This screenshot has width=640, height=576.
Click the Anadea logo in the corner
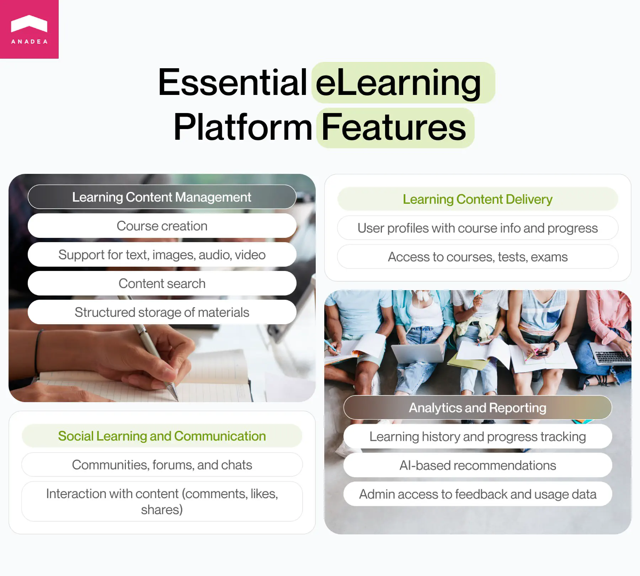(x=29, y=29)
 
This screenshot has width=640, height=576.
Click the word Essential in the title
(x=233, y=82)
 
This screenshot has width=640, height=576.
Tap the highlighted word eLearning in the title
(x=399, y=83)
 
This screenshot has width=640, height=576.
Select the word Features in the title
(x=394, y=128)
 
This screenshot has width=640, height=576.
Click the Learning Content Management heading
(x=162, y=197)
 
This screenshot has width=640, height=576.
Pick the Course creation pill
(x=162, y=226)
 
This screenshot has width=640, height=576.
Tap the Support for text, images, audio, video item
(x=162, y=255)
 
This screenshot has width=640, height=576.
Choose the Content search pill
(x=162, y=283)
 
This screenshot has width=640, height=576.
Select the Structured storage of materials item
(x=162, y=312)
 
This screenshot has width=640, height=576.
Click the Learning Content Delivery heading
(x=478, y=199)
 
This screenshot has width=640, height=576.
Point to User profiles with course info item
(x=478, y=228)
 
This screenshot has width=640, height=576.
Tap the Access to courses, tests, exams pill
(x=478, y=257)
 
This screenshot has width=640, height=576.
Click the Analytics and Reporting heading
(x=478, y=407)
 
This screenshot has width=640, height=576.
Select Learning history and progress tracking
(x=478, y=436)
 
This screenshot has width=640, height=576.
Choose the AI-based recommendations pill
(x=478, y=465)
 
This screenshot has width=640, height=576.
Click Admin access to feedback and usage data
(x=478, y=494)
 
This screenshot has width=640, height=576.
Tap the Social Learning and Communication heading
(x=162, y=436)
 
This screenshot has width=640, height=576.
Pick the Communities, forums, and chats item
(x=162, y=465)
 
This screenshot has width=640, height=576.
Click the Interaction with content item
(x=162, y=501)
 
